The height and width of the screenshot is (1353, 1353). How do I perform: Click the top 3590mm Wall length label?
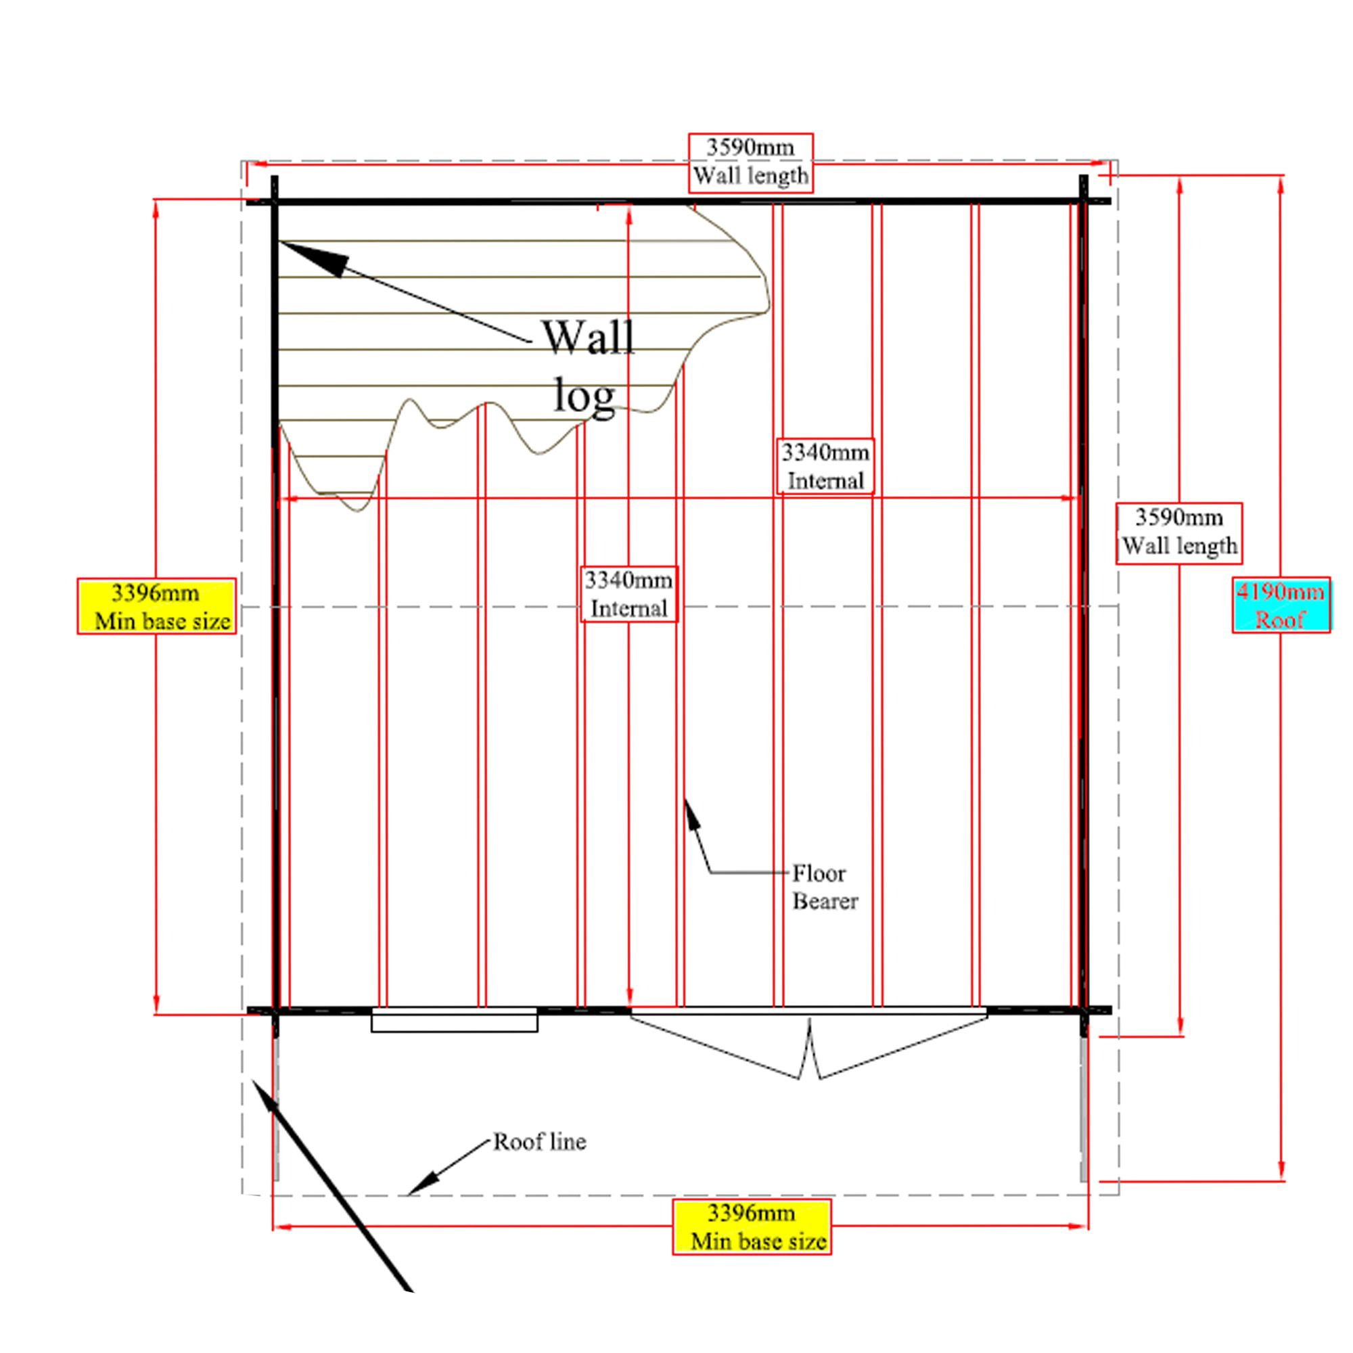point(751,162)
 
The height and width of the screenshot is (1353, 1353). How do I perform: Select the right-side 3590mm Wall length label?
point(1178,532)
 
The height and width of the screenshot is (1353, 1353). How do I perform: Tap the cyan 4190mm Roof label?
point(1280,605)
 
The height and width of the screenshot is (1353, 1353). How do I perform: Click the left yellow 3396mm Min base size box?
point(156,606)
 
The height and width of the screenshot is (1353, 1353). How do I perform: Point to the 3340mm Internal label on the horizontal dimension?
point(825,466)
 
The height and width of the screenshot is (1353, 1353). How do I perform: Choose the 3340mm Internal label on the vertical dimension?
point(629,594)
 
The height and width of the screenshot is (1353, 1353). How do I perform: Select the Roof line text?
point(539,1142)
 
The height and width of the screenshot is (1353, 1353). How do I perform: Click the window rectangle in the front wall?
point(454,1020)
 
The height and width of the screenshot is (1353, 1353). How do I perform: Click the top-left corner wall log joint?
point(275,202)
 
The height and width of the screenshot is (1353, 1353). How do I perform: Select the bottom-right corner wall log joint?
point(1083,1011)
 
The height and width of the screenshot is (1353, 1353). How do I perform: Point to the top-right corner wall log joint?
point(1083,202)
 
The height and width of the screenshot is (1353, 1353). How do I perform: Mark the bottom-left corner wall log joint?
point(275,1011)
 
